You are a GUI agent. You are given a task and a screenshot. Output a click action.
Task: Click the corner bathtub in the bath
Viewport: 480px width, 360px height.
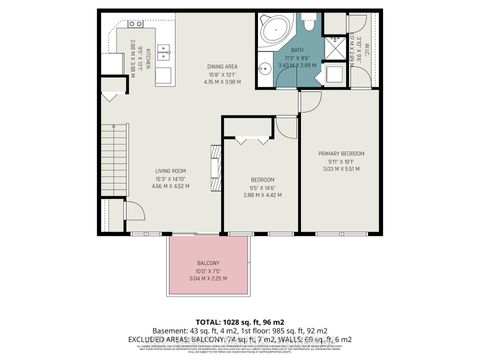click(272, 29)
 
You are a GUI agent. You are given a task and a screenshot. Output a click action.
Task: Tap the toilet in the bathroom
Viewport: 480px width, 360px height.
click(309, 21)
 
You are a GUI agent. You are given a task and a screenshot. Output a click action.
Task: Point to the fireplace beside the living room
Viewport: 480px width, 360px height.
click(212, 162)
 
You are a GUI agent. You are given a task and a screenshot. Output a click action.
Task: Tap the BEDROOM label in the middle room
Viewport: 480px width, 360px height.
click(263, 180)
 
